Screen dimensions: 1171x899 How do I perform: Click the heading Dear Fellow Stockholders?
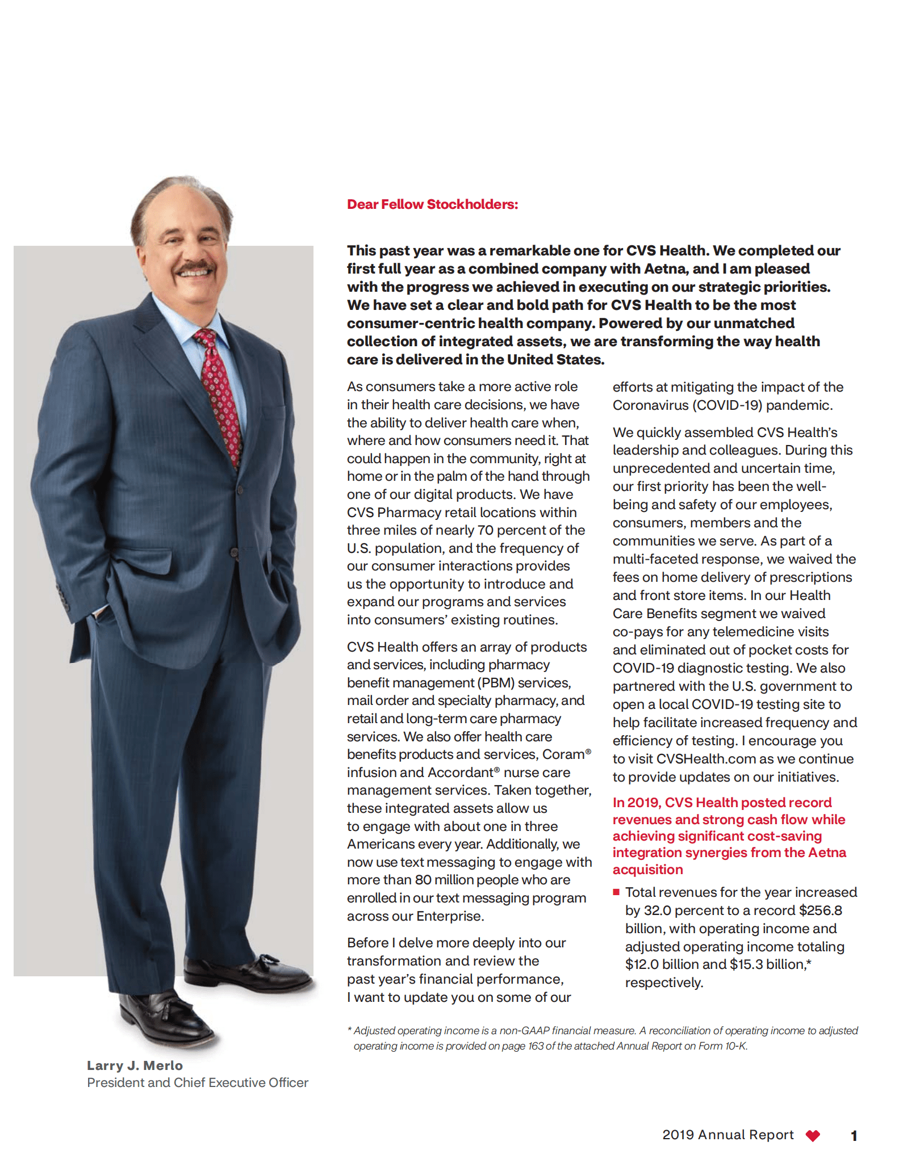(x=432, y=204)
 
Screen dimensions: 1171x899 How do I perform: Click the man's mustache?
(x=195, y=266)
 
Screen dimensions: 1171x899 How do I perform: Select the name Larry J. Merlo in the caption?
(x=135, y=1065)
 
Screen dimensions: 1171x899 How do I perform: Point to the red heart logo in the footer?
(x=813, y=1135)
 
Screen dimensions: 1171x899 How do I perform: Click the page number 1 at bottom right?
(x=854, y=1136)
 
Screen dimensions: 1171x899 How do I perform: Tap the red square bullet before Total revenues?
(x=616, y=892)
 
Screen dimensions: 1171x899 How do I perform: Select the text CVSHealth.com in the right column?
(x=698, y=759)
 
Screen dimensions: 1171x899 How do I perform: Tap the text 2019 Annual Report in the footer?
(x=727, y=1135)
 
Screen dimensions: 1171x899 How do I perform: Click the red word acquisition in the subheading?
(x=647, y=870)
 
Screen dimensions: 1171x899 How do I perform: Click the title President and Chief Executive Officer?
(x=198, y=1082)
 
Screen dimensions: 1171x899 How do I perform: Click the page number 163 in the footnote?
(x=536, y=1046)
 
